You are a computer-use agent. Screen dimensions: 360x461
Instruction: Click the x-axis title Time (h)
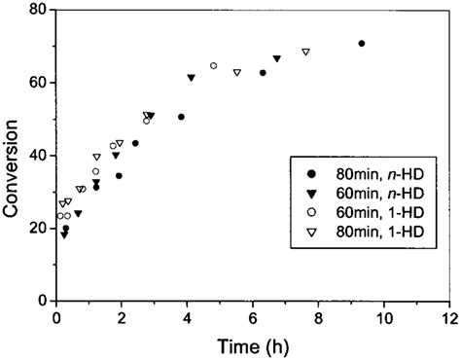coord(252,345)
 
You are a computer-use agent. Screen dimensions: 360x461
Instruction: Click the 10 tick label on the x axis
coord(384,318)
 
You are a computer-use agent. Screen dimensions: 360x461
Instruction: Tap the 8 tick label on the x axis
coord(319,318)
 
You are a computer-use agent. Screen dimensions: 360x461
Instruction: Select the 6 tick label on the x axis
coord(254,318)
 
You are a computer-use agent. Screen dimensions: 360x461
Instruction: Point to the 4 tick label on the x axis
coord(188,318)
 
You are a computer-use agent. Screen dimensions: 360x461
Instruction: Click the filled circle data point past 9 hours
coord(361,44)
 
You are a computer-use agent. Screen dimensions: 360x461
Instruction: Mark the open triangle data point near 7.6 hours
coord(305,52)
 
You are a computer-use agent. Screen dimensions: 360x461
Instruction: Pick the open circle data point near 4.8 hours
coord(213,66)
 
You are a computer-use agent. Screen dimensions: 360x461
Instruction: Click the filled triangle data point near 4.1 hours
coord(191,77)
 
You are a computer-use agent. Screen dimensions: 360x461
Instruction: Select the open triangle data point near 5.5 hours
coord(236,72)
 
